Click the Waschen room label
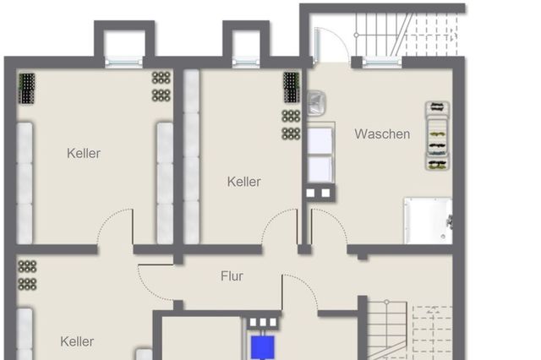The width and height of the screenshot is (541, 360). pos(382,134)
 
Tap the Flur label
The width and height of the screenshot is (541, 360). pos(232,276)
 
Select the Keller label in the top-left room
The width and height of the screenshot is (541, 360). pos(84,153)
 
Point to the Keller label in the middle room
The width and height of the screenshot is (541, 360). pos(243,182)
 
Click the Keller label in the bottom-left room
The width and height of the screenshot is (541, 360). pos(77,341)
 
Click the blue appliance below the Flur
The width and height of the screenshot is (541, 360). pos(262,345)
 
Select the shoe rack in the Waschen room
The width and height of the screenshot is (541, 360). pos(436,135)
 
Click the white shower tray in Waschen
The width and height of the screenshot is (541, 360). pos(427,219)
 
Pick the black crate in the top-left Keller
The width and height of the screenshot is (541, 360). pos(28,88)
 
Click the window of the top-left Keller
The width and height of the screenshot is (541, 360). pos(124,61)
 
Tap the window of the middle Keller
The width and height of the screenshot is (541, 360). pos(245,61)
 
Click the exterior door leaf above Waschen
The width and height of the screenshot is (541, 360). pos(324,45)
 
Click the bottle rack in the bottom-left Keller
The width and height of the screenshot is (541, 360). pos(27,275)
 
